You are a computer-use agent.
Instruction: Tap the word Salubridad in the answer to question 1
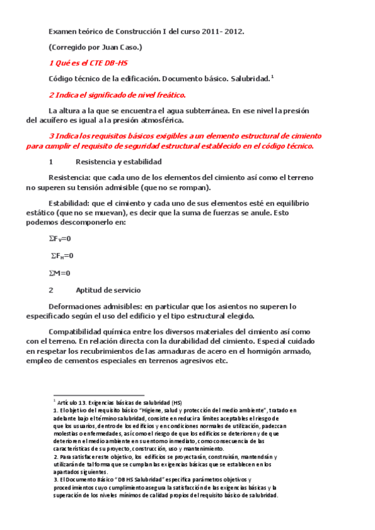(x=250, y=79)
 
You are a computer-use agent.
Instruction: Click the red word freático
(x=165, y=95)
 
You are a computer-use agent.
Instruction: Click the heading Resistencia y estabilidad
(x=110, y=161)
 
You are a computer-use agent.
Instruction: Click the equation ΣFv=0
(x=60, y=239)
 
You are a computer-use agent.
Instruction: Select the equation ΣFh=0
(x=62, y=256)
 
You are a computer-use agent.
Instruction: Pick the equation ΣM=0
(x=59, y=272)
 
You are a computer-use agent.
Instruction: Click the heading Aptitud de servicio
(x=108, y=290)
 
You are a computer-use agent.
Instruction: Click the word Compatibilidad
(x=80, y=331)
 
